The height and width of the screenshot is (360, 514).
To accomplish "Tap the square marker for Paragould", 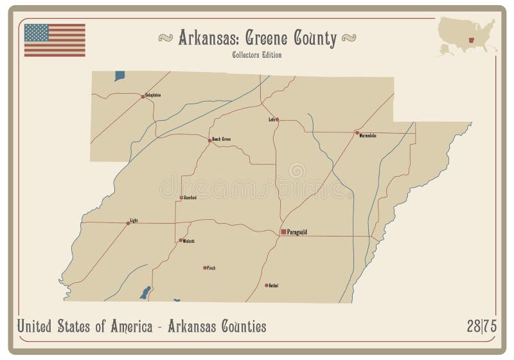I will tap(283, 231).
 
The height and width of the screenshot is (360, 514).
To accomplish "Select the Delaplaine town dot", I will tap(143, 97).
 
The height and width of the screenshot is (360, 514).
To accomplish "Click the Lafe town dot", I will tap(278, 120).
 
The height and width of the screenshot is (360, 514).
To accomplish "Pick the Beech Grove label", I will tap(221, 139).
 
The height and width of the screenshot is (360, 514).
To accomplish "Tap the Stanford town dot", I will tap(181, 197).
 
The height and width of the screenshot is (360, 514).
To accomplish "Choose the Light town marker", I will tap(128, 223).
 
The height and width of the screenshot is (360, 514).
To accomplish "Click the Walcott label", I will tap(189, 241).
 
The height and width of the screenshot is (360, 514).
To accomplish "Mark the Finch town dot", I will tap(205, 267).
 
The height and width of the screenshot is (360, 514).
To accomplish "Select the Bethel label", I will tap(274, 285).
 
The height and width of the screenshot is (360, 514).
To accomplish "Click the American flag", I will tap(55, 40).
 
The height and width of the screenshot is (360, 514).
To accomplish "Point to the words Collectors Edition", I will tap(256, 55).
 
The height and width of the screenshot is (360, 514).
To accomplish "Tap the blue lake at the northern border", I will tap(120, 76).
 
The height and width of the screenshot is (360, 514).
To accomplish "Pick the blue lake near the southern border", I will tap(146, 292).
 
